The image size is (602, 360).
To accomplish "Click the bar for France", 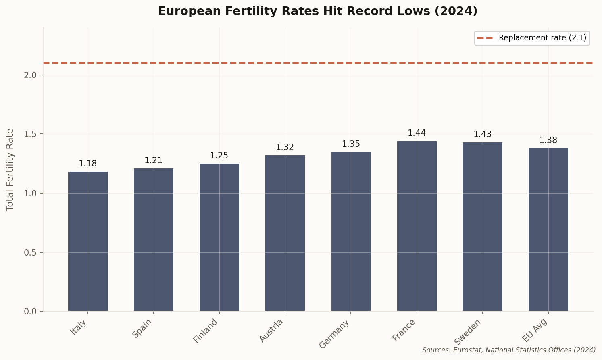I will [417, 226].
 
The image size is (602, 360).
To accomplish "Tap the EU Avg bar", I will [548, 229].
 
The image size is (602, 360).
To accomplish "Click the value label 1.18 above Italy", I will [88, 164].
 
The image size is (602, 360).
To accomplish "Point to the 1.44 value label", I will [417, 133].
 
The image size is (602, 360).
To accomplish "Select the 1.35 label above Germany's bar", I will [351, 144].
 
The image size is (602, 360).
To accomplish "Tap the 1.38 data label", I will [548, 140].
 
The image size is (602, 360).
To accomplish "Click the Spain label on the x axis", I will [143, 328].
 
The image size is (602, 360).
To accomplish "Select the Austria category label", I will [271, 331].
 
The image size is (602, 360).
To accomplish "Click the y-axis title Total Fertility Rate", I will [10, 169].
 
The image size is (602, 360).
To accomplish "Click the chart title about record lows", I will [318, 11].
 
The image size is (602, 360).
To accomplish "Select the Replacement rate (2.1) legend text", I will [542, 38].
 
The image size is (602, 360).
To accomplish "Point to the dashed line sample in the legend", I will [485, 38].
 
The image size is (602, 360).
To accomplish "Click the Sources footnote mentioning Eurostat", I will [509, 350].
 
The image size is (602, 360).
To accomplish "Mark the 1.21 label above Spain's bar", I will [154, 160].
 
